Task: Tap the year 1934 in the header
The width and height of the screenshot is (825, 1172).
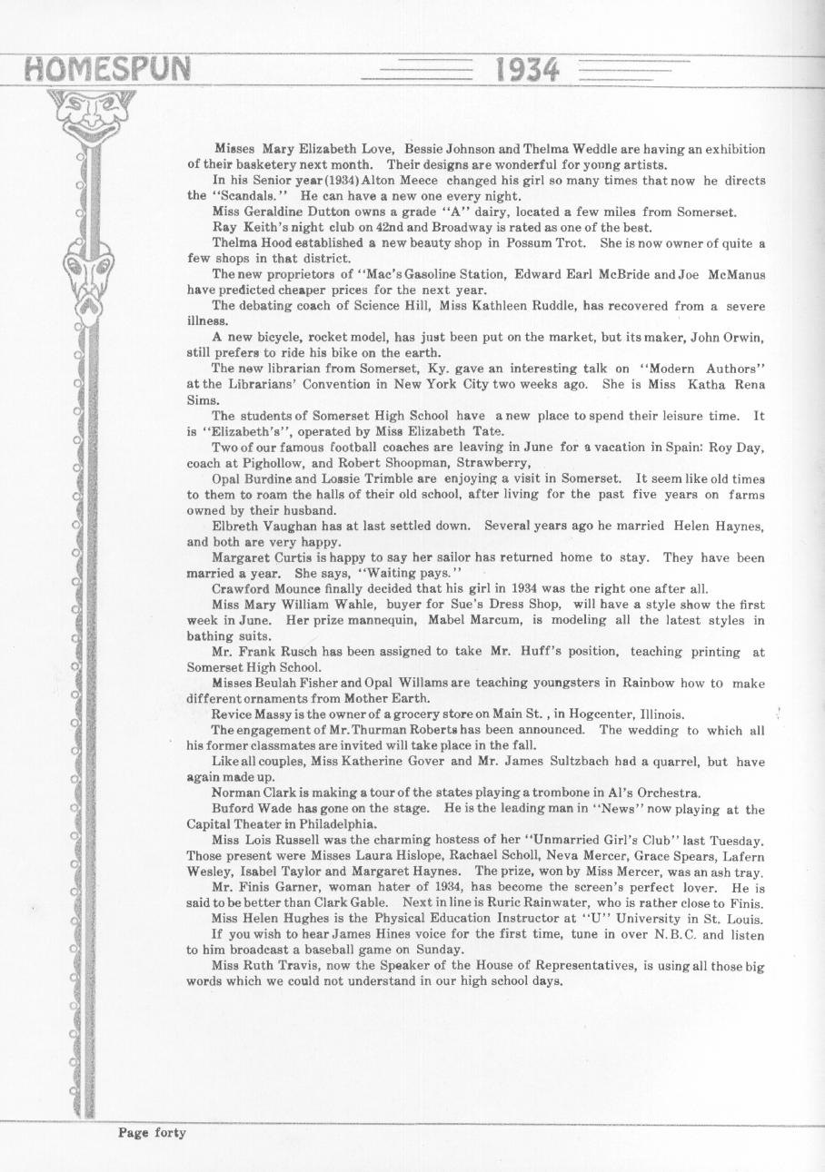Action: (528, 70)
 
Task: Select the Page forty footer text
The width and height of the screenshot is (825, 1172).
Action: (152, 1132)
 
